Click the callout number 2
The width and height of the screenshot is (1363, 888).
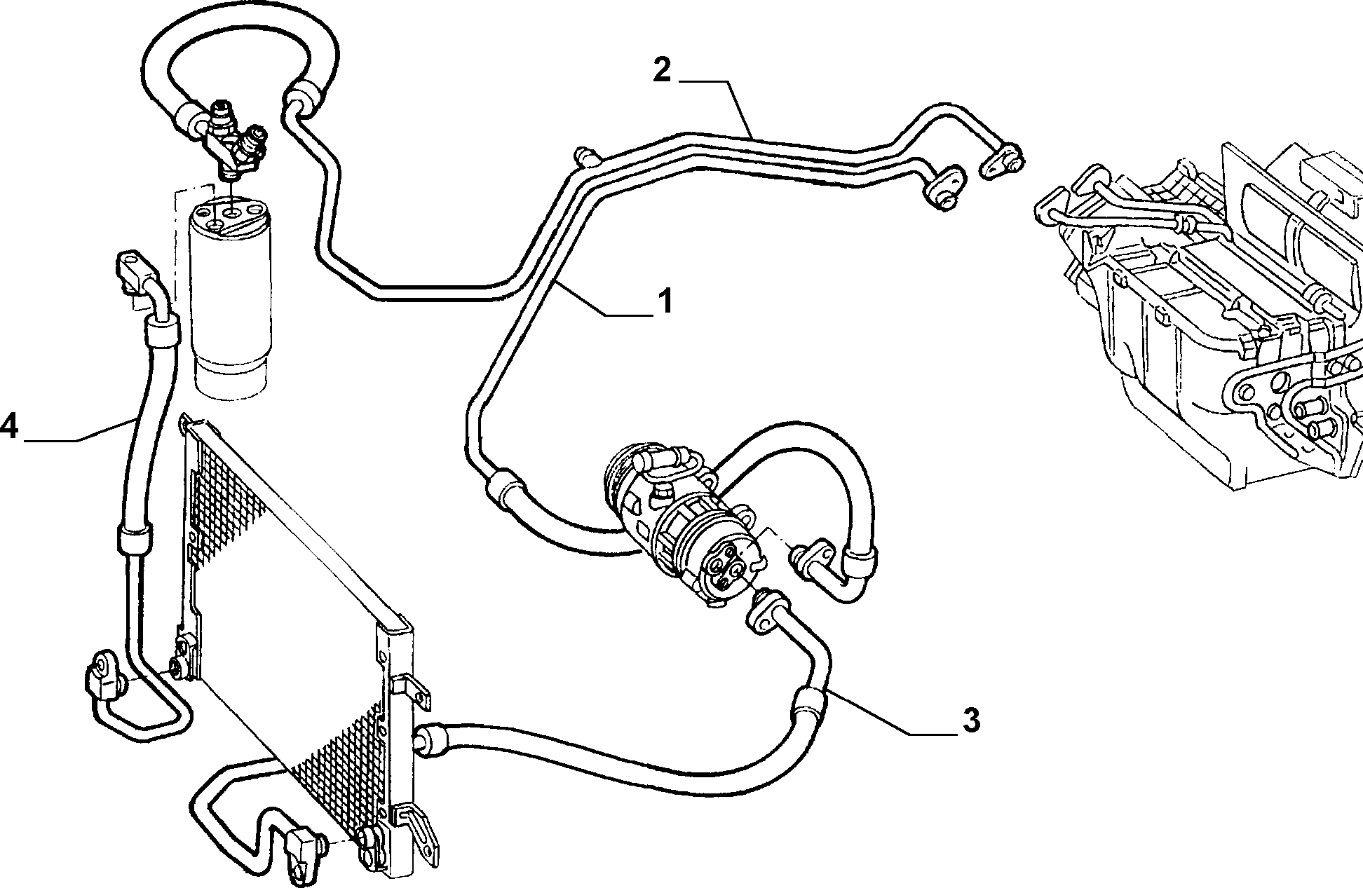click(661, 70)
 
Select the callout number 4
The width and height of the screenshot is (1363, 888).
click(9, 425)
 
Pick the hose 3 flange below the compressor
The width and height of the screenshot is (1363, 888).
click(766, 613)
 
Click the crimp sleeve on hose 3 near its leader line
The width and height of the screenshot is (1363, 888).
click(810, 703)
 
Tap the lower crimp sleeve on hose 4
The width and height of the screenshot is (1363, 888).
click(133, 540)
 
